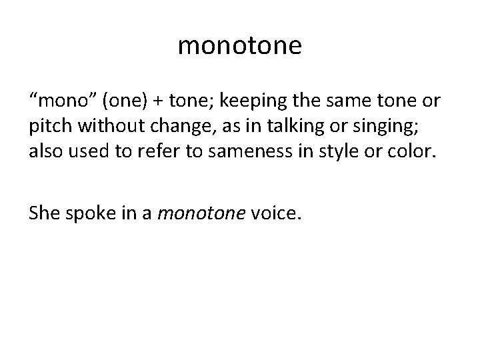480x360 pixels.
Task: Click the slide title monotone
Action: click(x=240, y=46)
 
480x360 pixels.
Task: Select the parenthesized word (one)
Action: click(x=125, y=101)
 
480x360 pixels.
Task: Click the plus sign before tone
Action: click(x=161, y=101)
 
